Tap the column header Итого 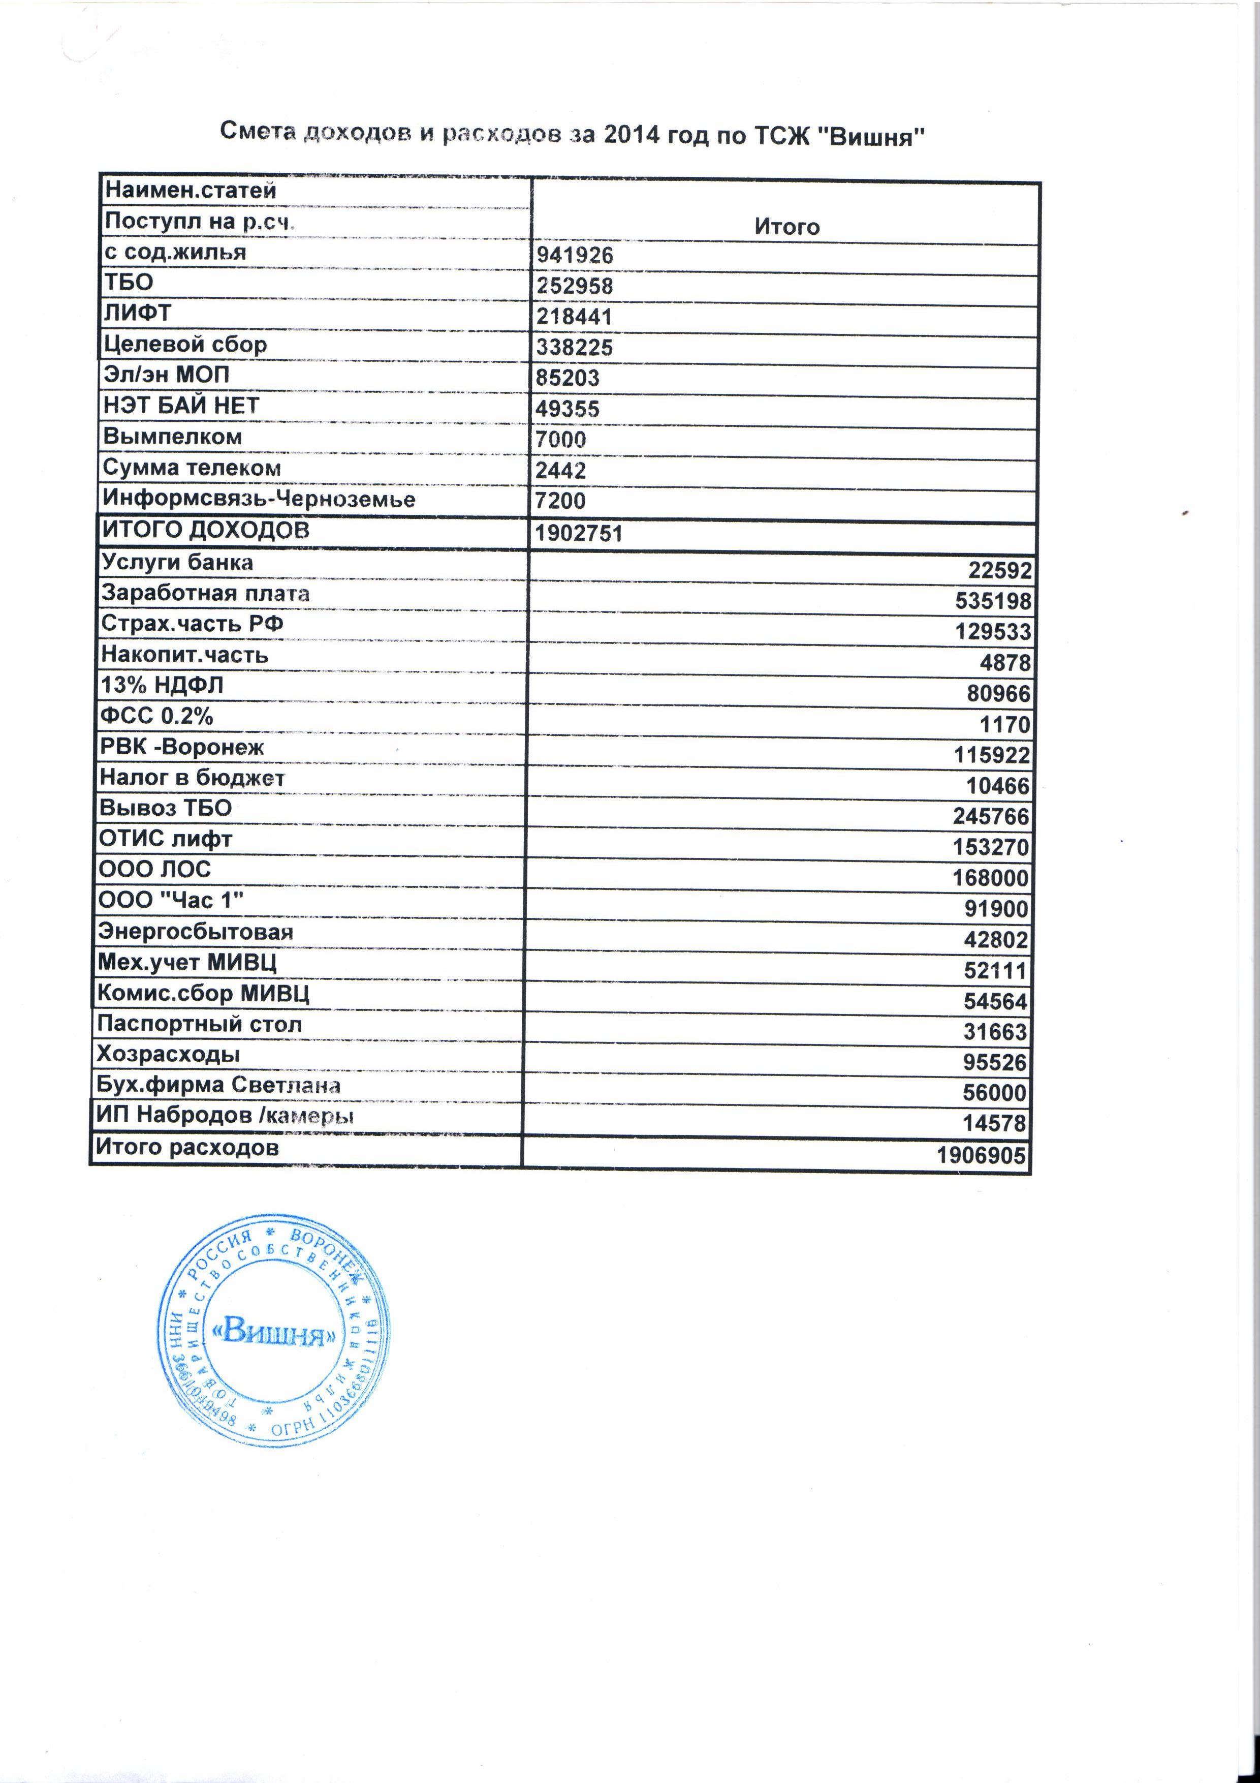coord(786,227)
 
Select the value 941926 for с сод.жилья coord(575,256)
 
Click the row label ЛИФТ coord(137,313)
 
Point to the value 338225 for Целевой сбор coord(575,347)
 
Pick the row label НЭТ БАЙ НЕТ coord(181,406)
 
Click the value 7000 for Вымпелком coord(560,440)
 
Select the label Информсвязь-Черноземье coord(259,499)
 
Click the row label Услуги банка coord(177,562)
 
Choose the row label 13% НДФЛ coord(162,685)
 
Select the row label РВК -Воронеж coord(182,747)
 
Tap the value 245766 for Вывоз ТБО coord(991,816)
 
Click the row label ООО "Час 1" coord(171,900)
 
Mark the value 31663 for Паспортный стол coord(995,1032)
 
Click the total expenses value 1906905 coord(981,1155)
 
